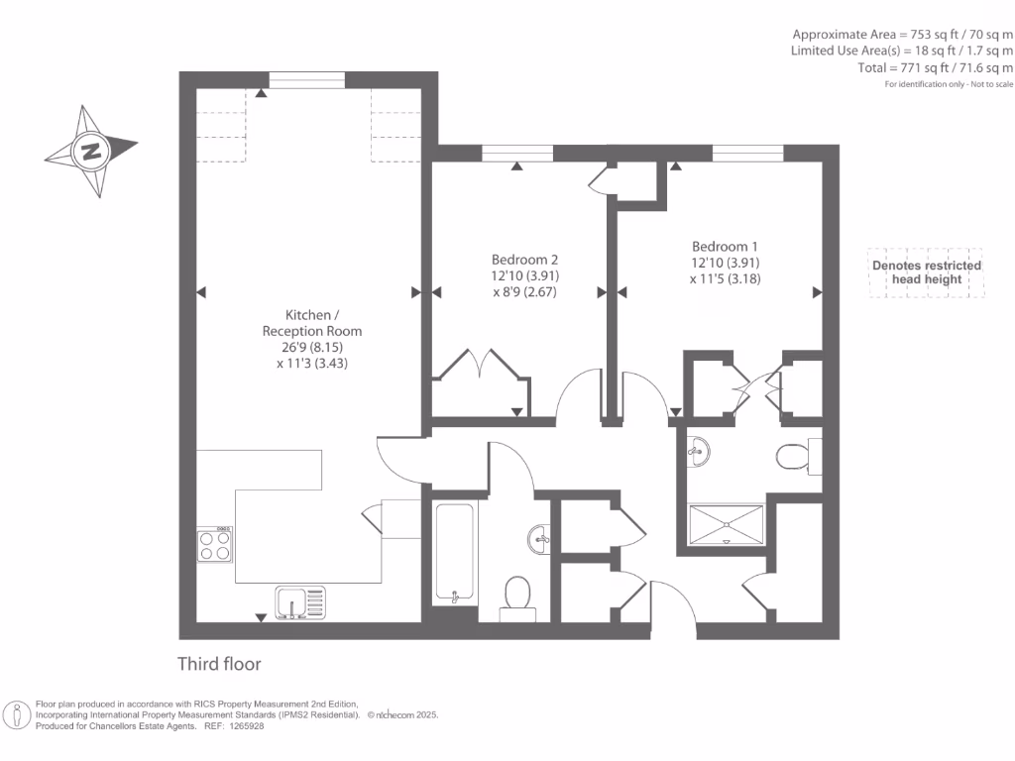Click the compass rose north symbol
[91, 152]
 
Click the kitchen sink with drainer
[300, 602]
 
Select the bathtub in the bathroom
[456, 553]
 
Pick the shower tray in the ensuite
[729, 522]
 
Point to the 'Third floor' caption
[219, 663]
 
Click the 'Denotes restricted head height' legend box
[926, 272]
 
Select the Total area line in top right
[936, 68]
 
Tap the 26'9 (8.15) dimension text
[311, 348]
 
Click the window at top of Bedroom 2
[516, 154]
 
